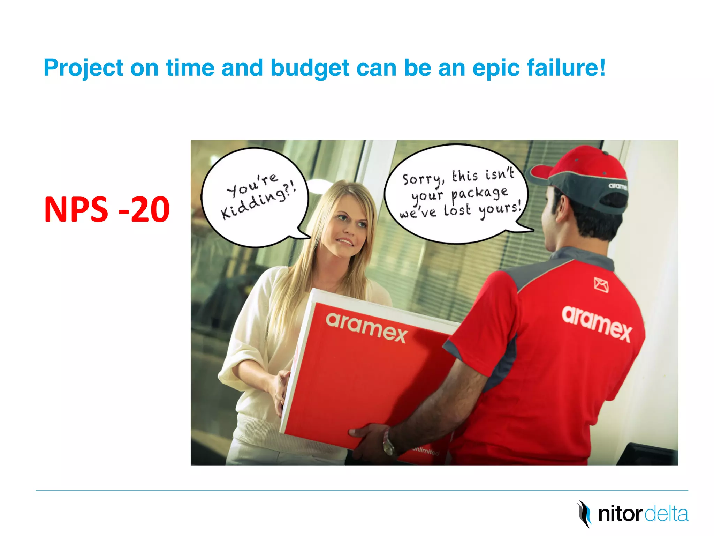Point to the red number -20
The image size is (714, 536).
[144, 209]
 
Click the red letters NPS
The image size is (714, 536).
[76, 209]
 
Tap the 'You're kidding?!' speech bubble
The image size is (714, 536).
[256, 197]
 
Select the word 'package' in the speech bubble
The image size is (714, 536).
[479, 194]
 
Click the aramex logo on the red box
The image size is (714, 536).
[366, 327]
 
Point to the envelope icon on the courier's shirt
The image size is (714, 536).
[601, 285]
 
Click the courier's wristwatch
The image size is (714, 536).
[388, 443]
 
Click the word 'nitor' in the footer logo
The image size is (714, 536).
[620, 514]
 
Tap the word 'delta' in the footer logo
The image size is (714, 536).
[666, 514]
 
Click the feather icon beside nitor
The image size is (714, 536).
[584, 514]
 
